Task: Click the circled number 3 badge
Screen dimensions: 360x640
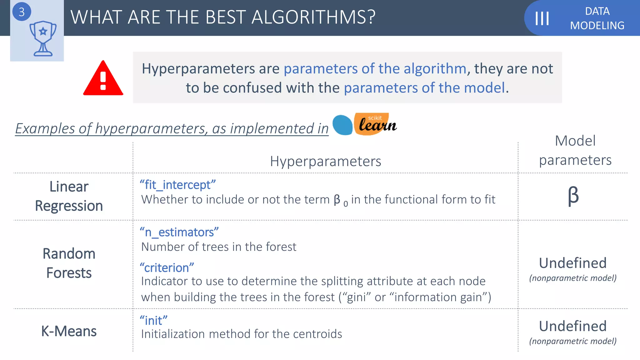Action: click(x=22, y=12)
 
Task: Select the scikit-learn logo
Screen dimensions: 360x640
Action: click(x=364, y=124)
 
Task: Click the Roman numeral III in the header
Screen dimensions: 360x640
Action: click(x=542, y=18)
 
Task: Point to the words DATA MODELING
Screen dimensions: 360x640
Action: click(x=597, y=18)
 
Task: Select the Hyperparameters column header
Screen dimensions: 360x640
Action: click(x=325, y=161)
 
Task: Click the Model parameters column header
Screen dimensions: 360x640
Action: click(x=575, y=150)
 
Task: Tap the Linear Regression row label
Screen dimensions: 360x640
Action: click(x=69, y=196)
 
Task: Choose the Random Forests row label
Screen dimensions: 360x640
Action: click(x=69, y=263)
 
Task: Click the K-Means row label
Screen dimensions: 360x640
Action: click(x=69, y=331)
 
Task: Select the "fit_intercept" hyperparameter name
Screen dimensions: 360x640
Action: click(x=177, y=185)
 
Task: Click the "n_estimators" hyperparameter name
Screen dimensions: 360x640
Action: click(x=179, y=232)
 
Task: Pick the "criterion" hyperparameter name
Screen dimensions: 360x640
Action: click(x=167, y=268)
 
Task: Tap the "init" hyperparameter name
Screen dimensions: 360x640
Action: click(x=153, y=321)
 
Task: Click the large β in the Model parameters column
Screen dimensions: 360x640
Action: click(x=573, y=196)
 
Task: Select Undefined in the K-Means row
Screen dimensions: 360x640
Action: click(x=573, y=326)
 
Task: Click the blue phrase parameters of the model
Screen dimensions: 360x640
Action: click(x=424, y=88)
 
